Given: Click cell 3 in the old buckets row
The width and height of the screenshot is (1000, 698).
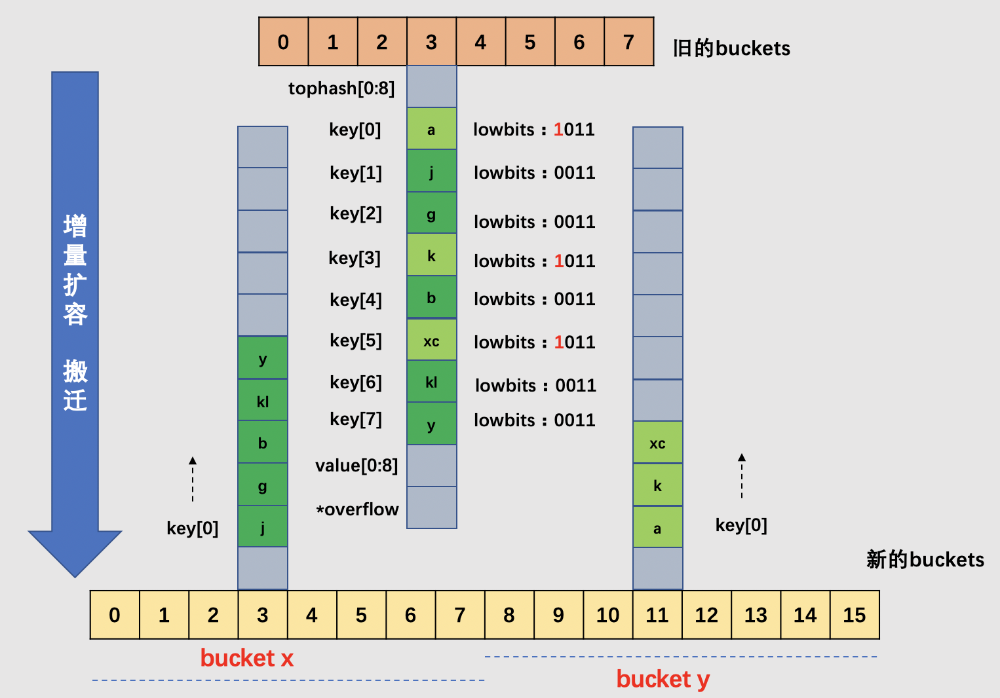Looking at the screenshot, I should [431, 42].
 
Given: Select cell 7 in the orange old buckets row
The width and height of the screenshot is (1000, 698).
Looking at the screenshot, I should [628, 42].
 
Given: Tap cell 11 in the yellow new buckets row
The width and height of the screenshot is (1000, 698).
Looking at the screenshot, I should [657, 615].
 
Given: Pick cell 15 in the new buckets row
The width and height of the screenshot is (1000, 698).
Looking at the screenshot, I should [855, 615].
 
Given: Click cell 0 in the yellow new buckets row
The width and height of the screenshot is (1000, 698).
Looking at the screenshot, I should [115, 615].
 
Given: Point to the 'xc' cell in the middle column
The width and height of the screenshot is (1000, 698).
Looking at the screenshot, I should [431, 340].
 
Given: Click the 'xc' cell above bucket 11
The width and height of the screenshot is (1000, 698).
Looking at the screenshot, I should [657, 443].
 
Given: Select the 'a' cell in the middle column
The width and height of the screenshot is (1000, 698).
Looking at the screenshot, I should [431, 130].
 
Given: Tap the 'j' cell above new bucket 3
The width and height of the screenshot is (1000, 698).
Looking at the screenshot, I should [262, 527].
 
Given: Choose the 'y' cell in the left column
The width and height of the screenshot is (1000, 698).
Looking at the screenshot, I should [262, 359].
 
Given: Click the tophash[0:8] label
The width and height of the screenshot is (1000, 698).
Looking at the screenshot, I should [341, 88].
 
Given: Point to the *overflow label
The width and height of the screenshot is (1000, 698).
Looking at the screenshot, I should [357, 509].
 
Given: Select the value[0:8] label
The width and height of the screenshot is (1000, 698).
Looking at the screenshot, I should [356, 466].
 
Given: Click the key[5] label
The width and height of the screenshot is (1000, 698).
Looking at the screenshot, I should [356, 340].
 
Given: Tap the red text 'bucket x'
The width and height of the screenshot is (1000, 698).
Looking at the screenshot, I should [246, 658].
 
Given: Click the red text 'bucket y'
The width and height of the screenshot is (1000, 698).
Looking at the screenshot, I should [663, 679].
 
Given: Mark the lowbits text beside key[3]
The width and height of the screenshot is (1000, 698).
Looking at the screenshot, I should [535, 261].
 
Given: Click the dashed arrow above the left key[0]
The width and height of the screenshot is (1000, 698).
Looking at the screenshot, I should [193, 479].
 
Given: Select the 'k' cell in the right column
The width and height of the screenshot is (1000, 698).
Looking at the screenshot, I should [657, 486].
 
